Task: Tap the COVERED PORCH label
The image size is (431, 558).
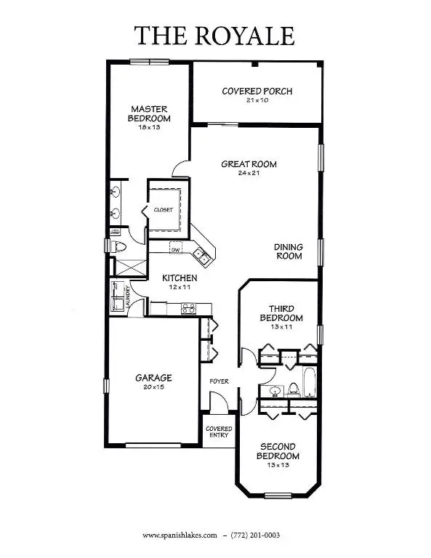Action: (x=257, y=91)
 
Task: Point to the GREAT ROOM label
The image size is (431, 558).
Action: (x=249, y=164)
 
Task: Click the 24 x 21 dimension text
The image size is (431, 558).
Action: (x=249, y=173)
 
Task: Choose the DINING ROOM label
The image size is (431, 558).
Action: (x=288, y=251)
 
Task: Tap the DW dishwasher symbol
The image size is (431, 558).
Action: (x=176, y=250)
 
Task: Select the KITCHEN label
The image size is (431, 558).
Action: (x=179, y=278)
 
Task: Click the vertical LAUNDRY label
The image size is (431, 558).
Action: (x=129, y=296)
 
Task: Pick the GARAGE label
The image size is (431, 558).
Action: (x=153, y=378)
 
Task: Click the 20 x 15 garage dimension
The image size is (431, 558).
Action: (x=153, y=387)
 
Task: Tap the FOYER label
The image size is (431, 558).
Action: (x=219, y=381)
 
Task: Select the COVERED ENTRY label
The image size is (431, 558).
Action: (x=218, y=432)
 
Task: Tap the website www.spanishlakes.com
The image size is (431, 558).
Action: (x=180, y=536)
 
